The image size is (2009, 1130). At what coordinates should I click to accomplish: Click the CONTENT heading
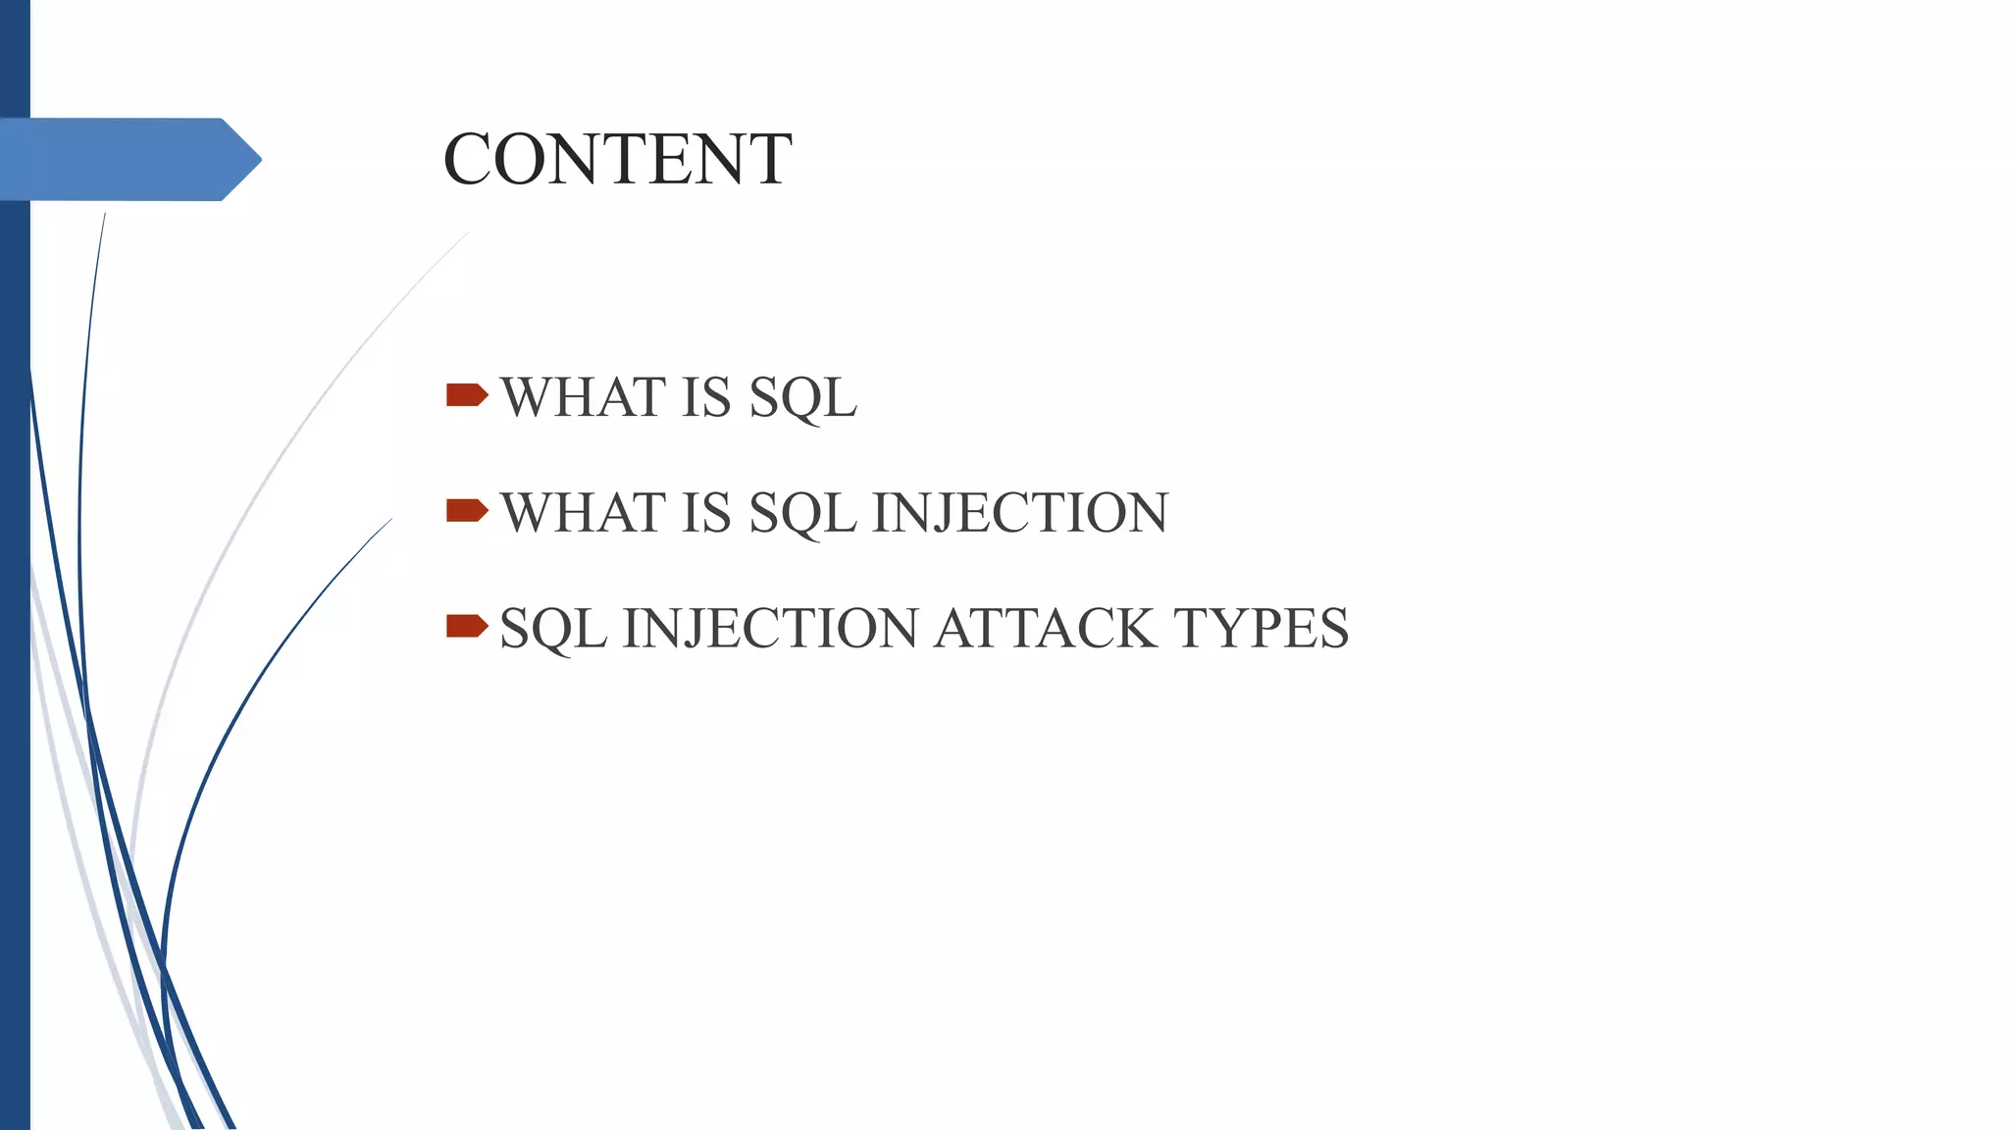tap(617, 159)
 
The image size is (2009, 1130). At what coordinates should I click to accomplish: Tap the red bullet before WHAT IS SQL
tap(466, 395)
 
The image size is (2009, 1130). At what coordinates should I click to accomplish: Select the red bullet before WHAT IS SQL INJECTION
tap(466, 510)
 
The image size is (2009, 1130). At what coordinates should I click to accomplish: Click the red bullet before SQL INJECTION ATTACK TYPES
tap(466, 626)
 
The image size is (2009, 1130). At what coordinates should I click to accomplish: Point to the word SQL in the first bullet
tap(802, 397)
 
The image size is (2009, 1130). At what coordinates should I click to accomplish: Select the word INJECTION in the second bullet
tap(1020, 513)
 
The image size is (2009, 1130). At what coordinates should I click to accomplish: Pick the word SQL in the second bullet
tap(802, 513)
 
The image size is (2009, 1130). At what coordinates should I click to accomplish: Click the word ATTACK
tap(1045, 628)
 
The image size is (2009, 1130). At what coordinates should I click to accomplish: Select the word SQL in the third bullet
tap(552, 628)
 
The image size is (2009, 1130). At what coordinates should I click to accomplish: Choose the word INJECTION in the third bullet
tap(770, 628)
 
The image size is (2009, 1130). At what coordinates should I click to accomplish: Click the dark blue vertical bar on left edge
tap(14, 687)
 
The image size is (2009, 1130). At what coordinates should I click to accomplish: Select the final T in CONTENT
tap(771, 159)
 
